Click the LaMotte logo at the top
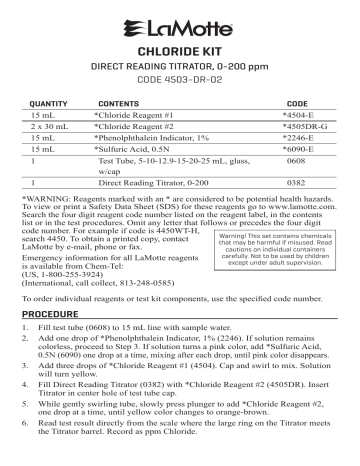pyautogui.click(x=180, y=23)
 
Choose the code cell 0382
pyautogui.click(x=296, y=195)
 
